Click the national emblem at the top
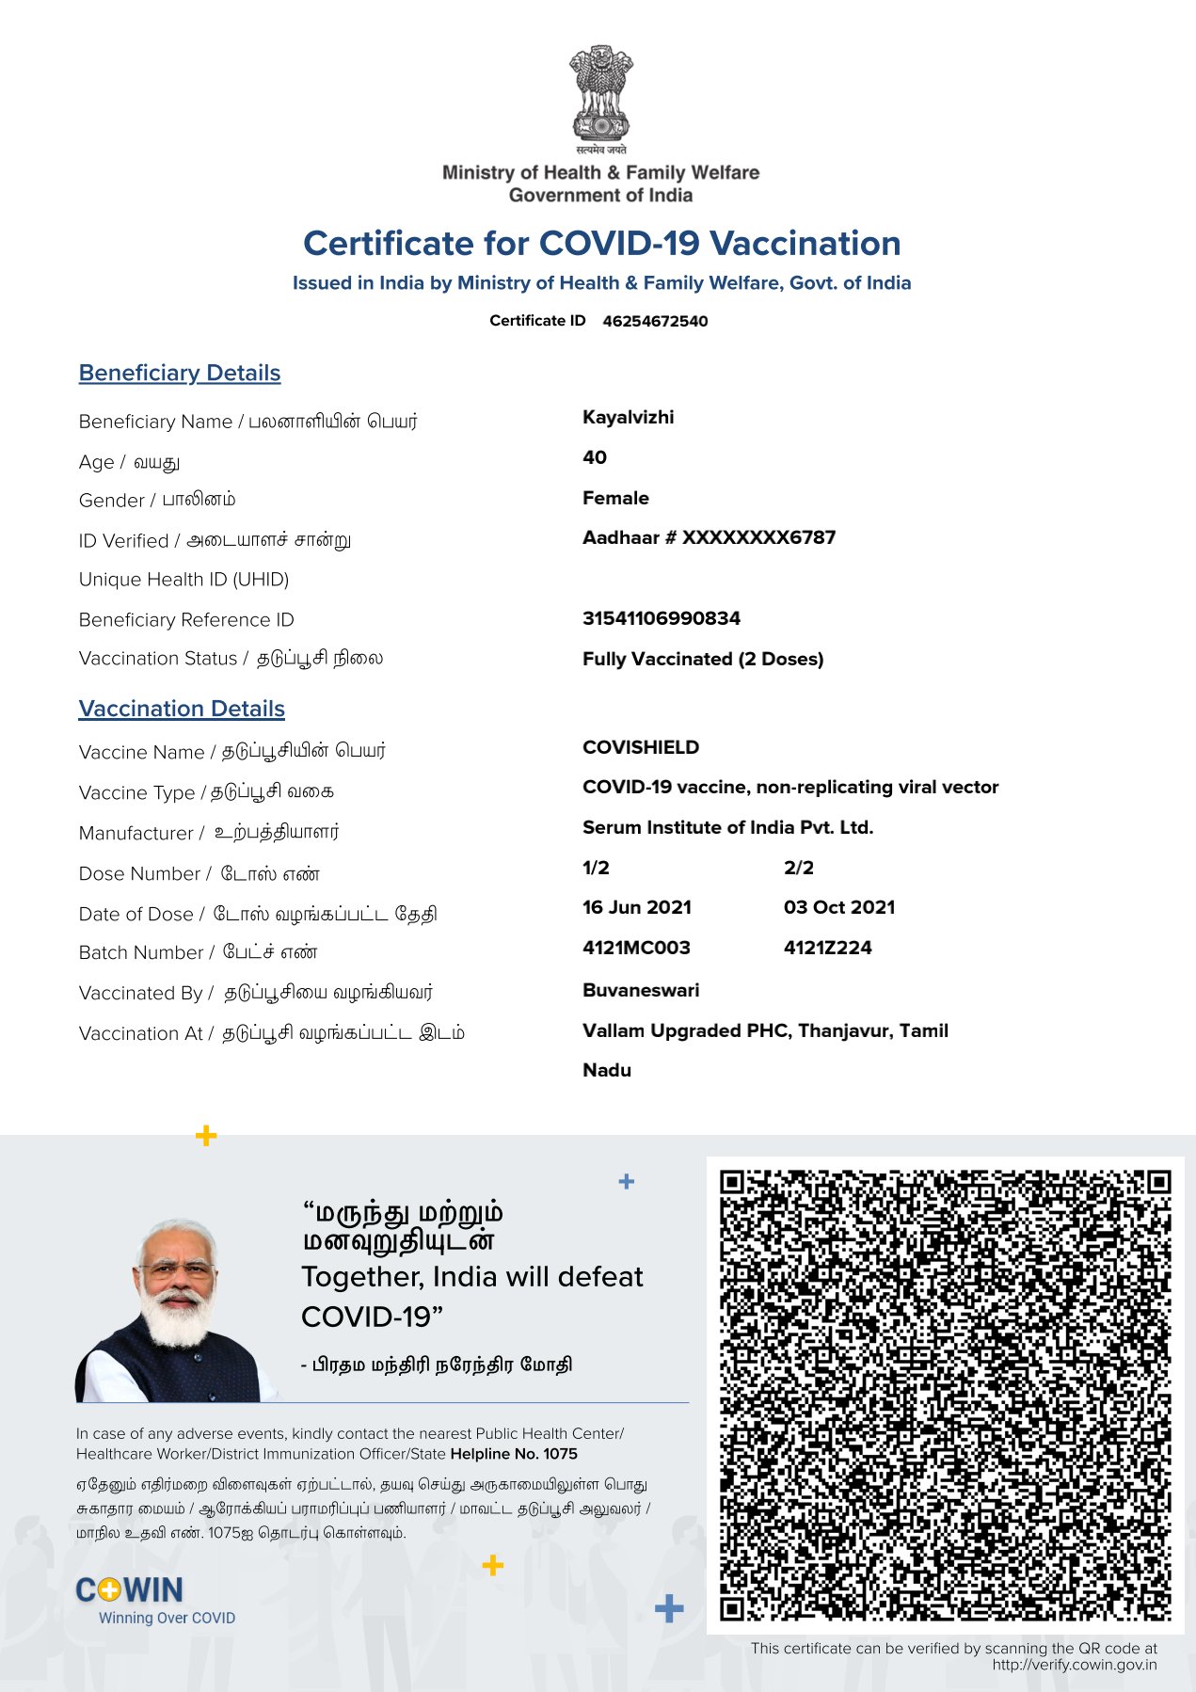pos(600,94)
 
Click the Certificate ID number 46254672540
pos(655,321)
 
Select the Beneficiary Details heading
pos(180,373)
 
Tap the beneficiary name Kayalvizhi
pos(628,417)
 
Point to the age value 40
pos(595,457)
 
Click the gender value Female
pos(615,498)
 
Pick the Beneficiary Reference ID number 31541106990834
pos(661,618)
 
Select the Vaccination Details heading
pos(182,709)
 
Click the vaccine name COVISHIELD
pos(641,747)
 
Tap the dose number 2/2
pos(798,868)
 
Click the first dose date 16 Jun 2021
pos(636,907)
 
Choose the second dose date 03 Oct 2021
pos(839,907)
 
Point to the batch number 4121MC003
pos(636,948)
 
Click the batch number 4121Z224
pos(827,948)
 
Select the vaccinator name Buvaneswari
pos(641,990)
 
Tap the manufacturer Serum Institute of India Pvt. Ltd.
pos(727,827)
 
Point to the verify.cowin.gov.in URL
pos(1074,1665)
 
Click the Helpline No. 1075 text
pos(514,1454)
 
